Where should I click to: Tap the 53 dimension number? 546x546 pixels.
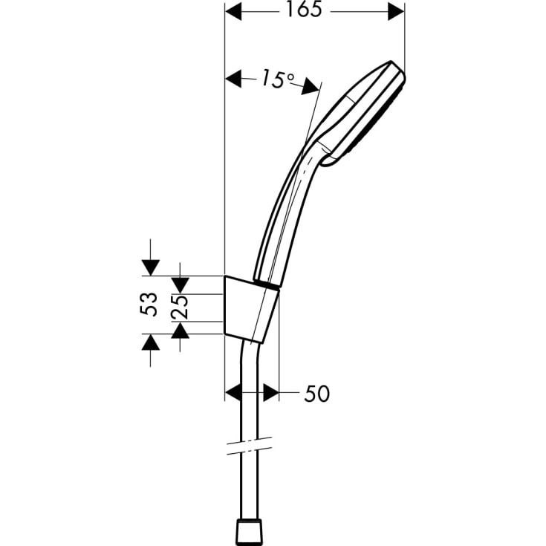149,304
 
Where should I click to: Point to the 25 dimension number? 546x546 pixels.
181,308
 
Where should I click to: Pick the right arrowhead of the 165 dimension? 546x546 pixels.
397,11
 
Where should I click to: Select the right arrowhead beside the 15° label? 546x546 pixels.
310,87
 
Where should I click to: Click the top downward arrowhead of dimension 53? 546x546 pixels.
149,267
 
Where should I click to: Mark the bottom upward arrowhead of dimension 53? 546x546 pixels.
149,343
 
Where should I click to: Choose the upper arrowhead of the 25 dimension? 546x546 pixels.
181,285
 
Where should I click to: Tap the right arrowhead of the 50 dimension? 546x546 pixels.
270,393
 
